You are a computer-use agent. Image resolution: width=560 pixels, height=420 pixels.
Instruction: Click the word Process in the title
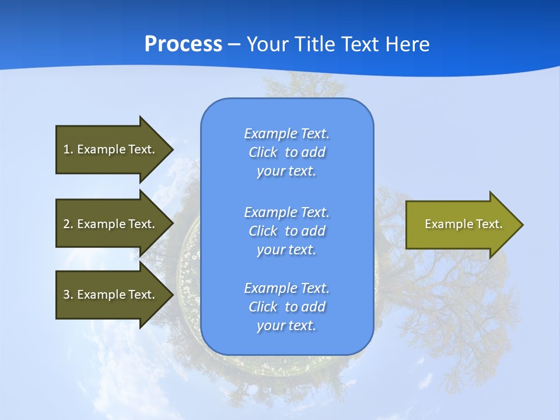(x=183, y=44)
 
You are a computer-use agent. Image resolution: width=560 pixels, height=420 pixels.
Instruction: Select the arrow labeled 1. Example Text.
(x=111, y=149)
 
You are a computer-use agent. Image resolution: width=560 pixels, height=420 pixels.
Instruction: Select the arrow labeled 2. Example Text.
(x=111, y=224)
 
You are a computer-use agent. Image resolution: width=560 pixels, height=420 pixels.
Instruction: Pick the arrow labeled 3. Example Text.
(x=111, y=295)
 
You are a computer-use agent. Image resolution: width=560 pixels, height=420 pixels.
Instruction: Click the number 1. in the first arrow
(x=68, y=149)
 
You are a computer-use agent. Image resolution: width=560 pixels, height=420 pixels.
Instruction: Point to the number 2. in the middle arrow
(x=68, y=224)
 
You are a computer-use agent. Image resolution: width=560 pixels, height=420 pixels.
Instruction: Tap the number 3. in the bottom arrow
(x=68, y=295)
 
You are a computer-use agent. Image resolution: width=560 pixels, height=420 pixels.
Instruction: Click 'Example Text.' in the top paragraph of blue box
(x=286, y=134)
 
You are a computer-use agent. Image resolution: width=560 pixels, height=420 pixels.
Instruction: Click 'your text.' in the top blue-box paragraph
(x=286, y=171)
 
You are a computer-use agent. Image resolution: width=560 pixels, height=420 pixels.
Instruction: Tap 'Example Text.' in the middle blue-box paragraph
(x=286, y=212)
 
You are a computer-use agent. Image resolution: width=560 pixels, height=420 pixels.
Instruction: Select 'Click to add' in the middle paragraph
(x=286, y=231)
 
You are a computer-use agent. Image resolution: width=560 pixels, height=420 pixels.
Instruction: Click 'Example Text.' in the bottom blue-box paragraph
(x=286, y=288)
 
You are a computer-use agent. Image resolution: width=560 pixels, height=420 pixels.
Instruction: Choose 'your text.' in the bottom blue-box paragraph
(x=286, y=325)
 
